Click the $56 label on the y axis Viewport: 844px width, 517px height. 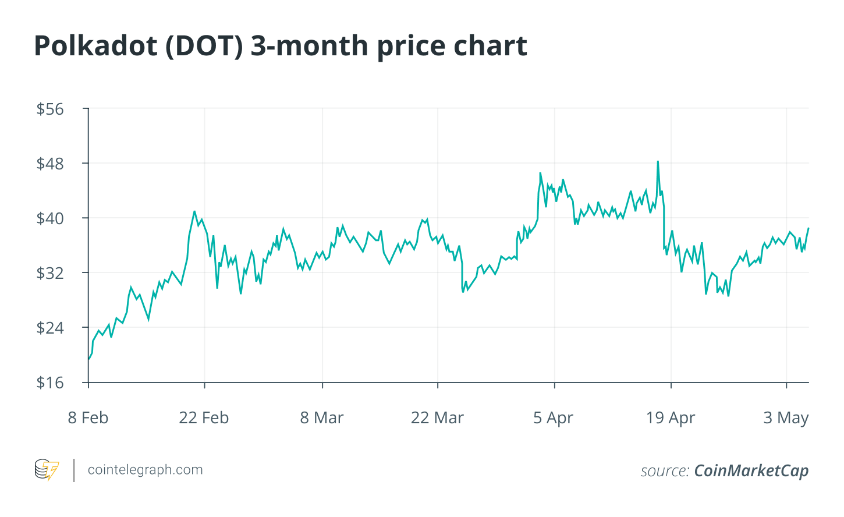(50, 109)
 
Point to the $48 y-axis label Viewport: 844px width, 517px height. (50, 164)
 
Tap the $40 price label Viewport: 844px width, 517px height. (50, 218)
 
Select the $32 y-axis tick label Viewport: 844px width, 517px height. (50, 273)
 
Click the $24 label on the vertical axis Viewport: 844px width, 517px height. (50, 328)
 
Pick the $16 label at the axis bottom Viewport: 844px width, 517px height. (50, 383)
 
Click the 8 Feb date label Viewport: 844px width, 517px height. (88, 418)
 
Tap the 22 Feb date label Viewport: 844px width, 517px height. (204, 418)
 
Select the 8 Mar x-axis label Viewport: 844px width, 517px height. (322, 418)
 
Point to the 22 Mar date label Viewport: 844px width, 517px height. (437, 418)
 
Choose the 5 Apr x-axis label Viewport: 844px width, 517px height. (554, 418)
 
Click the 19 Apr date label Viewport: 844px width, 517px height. (671, 418)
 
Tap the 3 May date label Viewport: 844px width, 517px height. (786, 418)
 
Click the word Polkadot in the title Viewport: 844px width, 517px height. (95, 46)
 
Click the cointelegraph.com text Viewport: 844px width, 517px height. (146, 470)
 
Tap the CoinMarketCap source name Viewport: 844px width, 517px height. (751, 470)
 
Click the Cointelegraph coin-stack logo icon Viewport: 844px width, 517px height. (47, 470)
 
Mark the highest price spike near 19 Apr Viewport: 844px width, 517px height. (658, 161)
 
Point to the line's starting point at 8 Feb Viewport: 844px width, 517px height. (88, 359)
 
